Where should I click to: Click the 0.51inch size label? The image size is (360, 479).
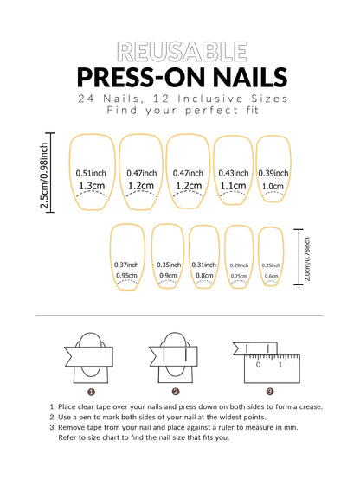[x=91, y=172]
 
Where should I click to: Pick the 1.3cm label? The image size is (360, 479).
[x=91, y=186]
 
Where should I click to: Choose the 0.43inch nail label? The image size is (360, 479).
[x=234, y=172]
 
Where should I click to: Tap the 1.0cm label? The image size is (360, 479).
[x=273, y=186]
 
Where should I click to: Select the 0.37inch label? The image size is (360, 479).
[x=126, y=265]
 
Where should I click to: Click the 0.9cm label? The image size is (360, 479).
[x=168, y=276]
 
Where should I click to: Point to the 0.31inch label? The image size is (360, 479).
[x=204, y=265]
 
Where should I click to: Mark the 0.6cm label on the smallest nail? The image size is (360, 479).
[x=271, y=276]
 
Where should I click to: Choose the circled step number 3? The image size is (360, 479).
[x=270, y=391]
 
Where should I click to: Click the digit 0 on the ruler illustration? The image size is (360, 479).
[x=257, y=364]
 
